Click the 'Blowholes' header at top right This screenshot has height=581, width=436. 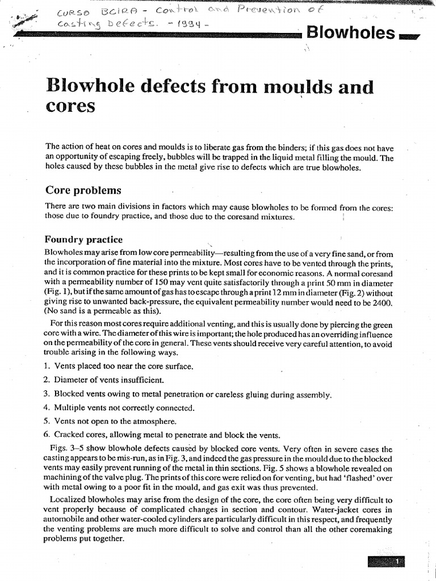click(x=350, y=33)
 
